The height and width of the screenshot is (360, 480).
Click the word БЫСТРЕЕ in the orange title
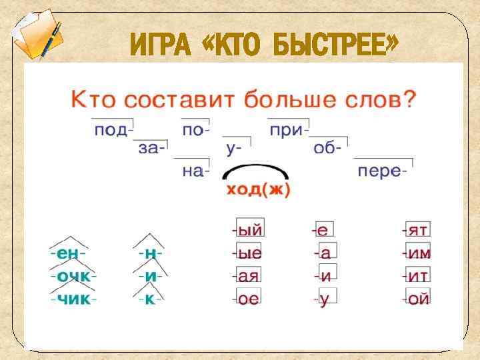click(329, 45)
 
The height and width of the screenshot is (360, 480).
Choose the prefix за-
click(152, 150)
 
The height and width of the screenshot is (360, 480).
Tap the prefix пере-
click(382, 171)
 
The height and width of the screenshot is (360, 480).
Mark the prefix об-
click(328, 150)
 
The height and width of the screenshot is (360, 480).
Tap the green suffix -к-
click(151, 299)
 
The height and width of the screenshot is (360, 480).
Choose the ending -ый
click(247, 231)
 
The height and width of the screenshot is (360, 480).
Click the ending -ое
click(247, 299)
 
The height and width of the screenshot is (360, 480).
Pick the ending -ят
click(417, 231)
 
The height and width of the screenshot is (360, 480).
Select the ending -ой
click(417, 299)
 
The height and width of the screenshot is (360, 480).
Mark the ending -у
click(324, 299)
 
